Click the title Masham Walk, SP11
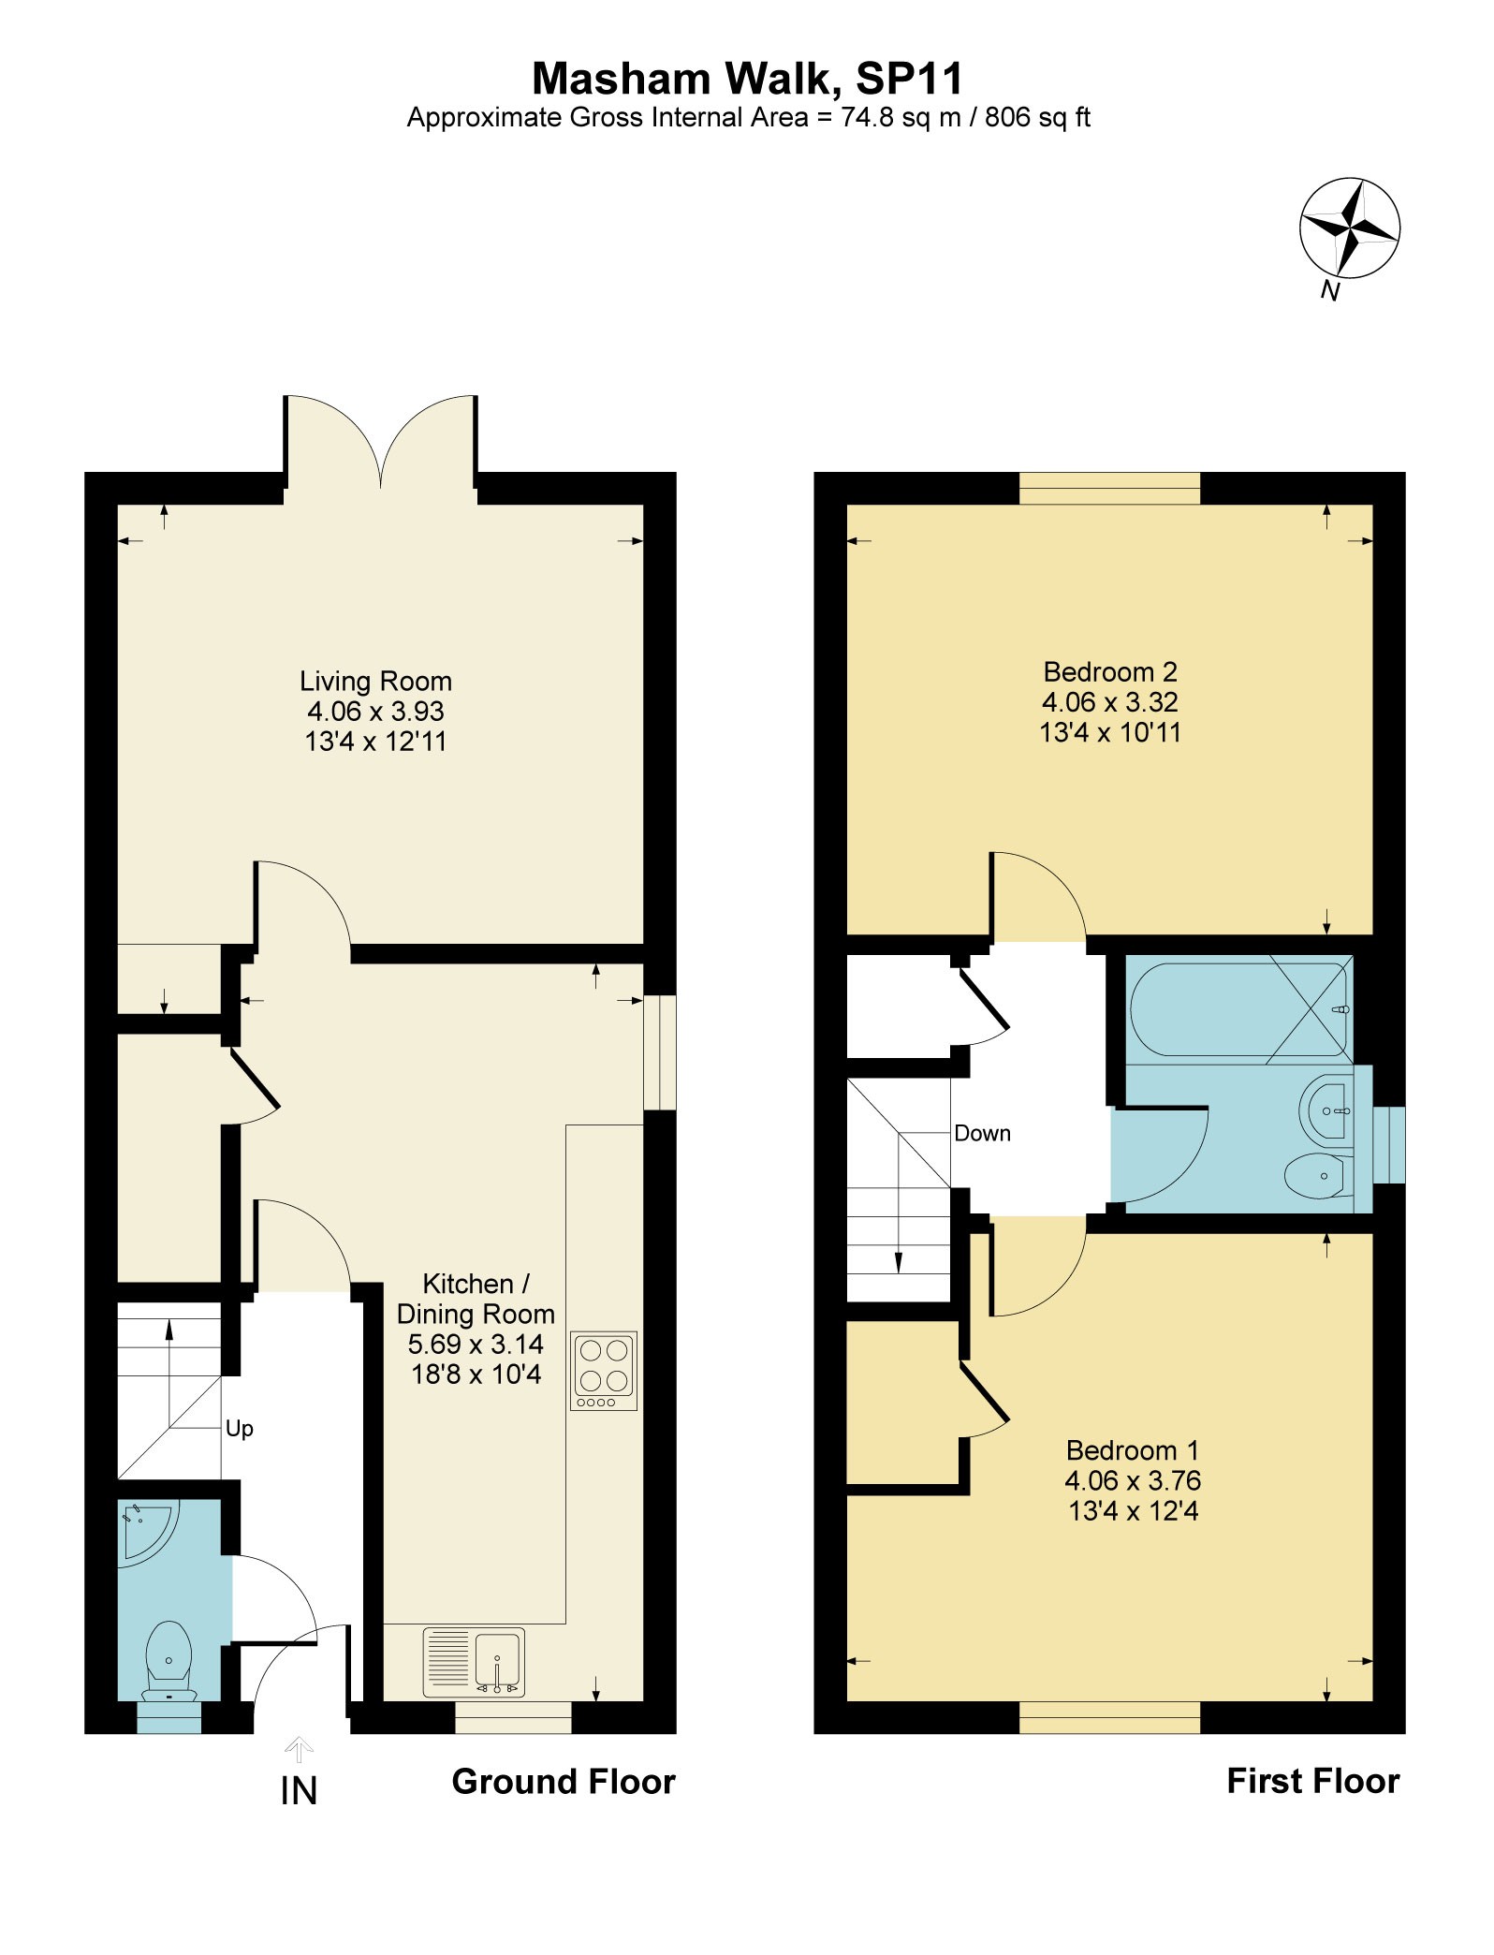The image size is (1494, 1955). coord(747,79)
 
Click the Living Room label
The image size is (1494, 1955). coord(375,681)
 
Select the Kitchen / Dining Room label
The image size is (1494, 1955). coord(476,1299)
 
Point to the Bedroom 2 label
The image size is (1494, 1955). coord(1110,671)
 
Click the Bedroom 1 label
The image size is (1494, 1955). coord(1133,1450)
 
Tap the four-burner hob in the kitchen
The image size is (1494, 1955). coord(604,1371)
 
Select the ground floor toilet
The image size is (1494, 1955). coord(168,1662)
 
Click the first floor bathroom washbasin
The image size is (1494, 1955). coord(1326,1110)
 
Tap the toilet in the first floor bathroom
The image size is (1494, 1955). coord(1319,1176)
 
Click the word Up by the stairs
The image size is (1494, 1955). coord(240,1429)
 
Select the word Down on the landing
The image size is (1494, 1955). coord(983,1133)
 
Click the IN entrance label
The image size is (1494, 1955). coord(299,1791)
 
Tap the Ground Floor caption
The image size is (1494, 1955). coord(564,1781)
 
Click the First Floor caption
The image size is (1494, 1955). coord(1313,1780)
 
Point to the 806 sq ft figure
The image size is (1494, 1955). coord(1038,118)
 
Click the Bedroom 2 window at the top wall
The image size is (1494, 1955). coord(1109,488)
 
